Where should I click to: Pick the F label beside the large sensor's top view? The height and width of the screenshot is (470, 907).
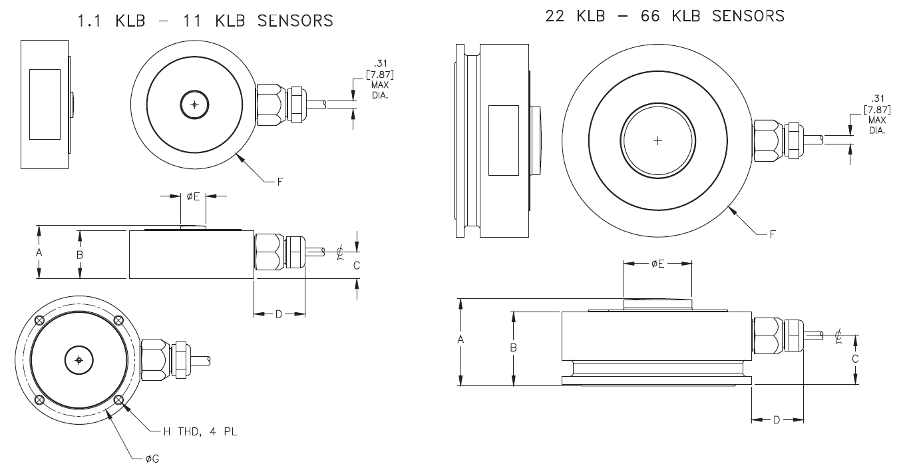coord(771,234)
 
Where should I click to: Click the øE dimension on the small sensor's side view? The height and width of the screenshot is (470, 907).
coord(193,196)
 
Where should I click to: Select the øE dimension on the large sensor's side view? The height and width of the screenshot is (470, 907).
coord(657,264)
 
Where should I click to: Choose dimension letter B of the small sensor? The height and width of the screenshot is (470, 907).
coord(79,255)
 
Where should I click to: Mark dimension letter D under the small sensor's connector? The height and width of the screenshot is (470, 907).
coord(279,314)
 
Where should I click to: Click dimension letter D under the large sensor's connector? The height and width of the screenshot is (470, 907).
coord(777,420)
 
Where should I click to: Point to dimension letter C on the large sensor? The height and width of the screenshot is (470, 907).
coord(855,358)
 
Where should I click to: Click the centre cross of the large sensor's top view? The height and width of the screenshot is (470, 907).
coord(657,140)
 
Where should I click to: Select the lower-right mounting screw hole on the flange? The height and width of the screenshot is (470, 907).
coord(118,399)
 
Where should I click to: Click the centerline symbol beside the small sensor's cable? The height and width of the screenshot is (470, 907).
coord(340,252)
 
